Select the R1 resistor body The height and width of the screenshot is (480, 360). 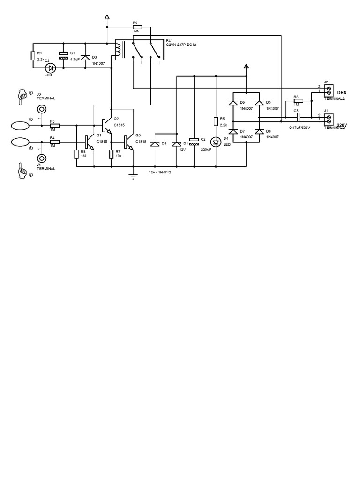[33, 56]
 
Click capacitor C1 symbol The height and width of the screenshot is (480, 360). [63, 55]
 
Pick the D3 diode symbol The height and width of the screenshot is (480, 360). [85, 57]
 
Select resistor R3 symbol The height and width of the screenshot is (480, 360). [54, 125]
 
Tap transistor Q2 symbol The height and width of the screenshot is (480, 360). [106, 125]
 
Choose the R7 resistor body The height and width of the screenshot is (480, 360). [112, 155]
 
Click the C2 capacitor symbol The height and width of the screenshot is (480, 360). [194, 142]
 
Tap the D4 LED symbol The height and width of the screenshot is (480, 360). [216, 142]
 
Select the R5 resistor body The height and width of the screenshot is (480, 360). [216, 121]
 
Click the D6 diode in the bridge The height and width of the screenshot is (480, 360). [233, 103]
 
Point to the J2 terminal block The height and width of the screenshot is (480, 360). [329, 91]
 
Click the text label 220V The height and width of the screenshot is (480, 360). [342, 125]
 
